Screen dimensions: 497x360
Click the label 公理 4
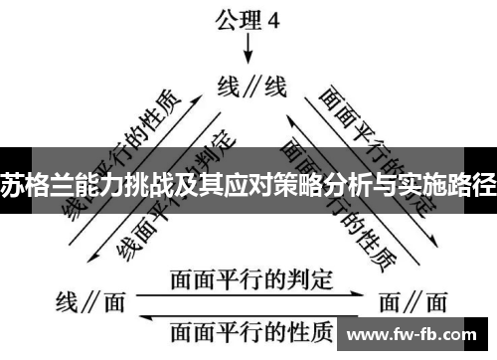[x=248, y=17]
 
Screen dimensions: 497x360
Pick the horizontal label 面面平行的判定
[x=250, y=280]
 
